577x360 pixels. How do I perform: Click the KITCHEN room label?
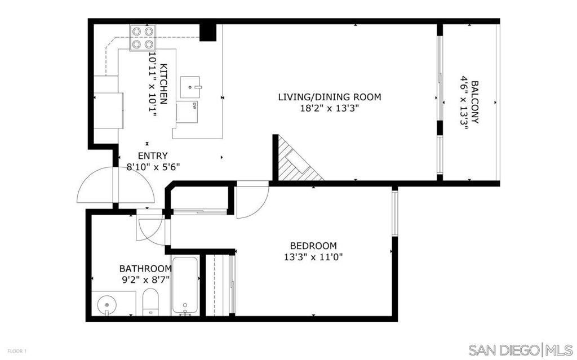(164, 84)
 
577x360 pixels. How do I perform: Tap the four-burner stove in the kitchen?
(143, 38)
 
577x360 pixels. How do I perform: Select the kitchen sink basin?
(190, 87)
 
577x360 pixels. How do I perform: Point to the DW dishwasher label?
(194, 106)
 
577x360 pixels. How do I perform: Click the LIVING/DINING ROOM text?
(329, 97)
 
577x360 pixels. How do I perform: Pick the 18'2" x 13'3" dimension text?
(329, 109)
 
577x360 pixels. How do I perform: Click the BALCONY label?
(474, 103)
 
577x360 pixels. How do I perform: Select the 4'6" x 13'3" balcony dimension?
(464, 103)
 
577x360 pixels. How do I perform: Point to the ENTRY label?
(153, 155)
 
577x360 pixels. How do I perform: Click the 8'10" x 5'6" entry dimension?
(153, 167)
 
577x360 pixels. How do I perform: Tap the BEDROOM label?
(313, 246)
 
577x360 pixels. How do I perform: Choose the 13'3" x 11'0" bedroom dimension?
(313, 257)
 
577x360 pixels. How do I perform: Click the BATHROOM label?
(145, 268)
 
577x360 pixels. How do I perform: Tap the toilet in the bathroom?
(150, 302)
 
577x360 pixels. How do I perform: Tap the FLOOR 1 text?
(17, 351)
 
